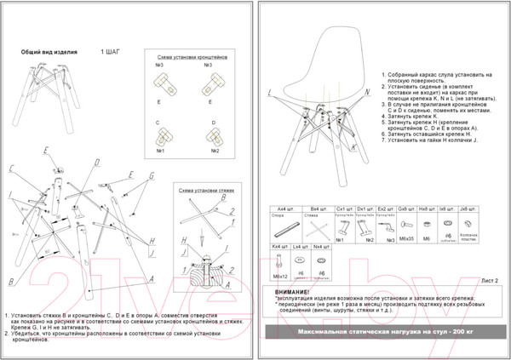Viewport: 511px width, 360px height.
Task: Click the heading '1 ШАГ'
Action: (x=111, y=52)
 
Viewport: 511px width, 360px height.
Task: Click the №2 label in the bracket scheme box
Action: (x=214, y=151)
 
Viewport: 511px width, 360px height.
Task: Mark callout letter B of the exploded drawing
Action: (x=10, y=281)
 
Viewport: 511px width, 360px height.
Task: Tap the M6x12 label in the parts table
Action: (x=278, y=277)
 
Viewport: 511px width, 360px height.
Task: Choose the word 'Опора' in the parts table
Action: (x=277, y=216)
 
